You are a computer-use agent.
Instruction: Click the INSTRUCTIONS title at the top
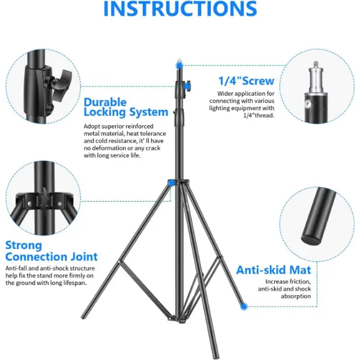(x=180, y=8)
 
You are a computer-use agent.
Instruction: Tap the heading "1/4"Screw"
(x=246, y=81)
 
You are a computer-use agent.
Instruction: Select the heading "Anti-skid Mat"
(x=274, y=270)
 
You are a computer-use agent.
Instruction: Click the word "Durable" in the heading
(x=105, y=102)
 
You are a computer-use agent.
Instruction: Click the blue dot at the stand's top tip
(x=179, y=65)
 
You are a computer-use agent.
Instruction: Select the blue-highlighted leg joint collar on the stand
(x=171, y=183)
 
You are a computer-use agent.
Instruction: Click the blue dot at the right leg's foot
(x=244, y=306)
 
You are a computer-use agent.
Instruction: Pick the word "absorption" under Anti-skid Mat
(x=296, y=296)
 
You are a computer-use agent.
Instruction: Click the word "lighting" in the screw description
(x=220, y=108)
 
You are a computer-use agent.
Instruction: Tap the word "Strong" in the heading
(x=23, y=245)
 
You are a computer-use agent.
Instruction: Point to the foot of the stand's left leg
(x=84, y=316)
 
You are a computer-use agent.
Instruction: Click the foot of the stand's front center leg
(x=215, y=356)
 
